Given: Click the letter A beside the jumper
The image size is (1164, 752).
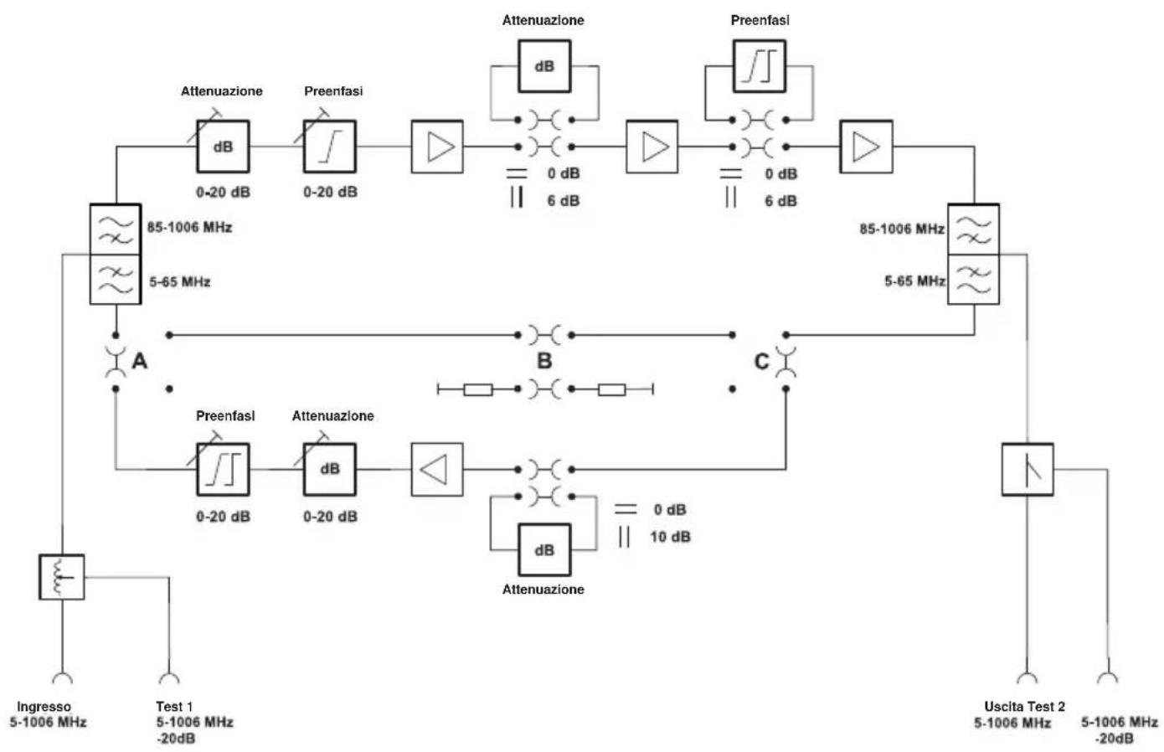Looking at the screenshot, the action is click(x=139, y=361).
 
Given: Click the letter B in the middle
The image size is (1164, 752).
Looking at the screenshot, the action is click(x=544, y=361).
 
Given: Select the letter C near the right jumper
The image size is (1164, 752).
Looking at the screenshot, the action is click(x=761, y=361).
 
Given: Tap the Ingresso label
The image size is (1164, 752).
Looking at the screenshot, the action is click(x=44, y=707).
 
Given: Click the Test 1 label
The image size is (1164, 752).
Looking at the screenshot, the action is click(x=174, y=707).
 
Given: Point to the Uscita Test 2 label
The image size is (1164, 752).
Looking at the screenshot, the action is click(x=1024, y=707).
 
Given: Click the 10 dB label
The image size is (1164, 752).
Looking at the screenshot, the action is click(x=670, y=537).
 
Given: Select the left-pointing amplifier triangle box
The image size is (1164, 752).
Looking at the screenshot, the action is click(x=437, y=469).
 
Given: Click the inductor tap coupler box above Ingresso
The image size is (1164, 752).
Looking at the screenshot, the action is click(x=62, y=577).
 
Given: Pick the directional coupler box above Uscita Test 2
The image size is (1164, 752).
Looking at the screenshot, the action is click(x=1028, y=469).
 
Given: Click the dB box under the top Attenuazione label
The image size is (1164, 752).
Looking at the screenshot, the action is click(x=544, y=66).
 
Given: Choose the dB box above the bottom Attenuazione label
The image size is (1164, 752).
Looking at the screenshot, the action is click(x=544, y=550).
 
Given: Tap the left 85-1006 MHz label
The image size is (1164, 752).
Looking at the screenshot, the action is click(x=189, y=228).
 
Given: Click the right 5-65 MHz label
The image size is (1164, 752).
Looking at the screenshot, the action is click(x=914, y=281).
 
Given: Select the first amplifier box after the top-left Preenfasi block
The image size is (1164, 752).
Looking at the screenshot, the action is click(x=437, y=147).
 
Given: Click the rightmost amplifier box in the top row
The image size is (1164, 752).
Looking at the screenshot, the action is click(x=866, y=147).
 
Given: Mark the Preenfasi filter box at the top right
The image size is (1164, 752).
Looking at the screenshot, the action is click(x=760, y=66).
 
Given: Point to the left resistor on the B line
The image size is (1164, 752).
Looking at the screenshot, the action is click(x=477, y=389).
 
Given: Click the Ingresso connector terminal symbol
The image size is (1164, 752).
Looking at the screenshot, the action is click(x=62, y=677).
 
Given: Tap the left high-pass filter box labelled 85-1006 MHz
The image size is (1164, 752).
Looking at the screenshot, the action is click(x=116, y=229).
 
